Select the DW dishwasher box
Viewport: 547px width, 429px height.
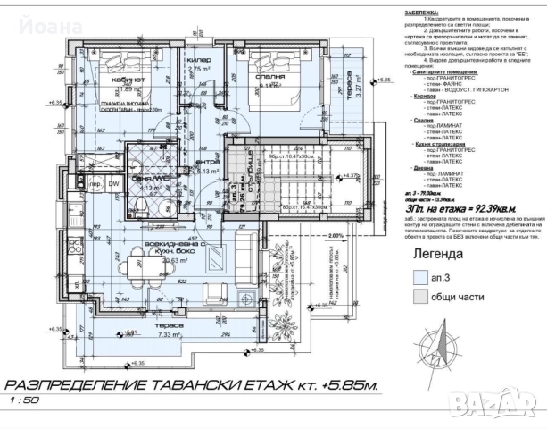coord(113,184)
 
